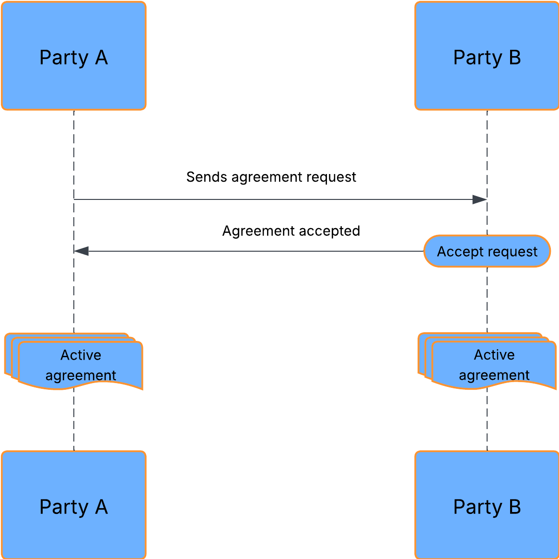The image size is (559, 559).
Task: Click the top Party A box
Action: tap(73, 56)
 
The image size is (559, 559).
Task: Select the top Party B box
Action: tap(487, 56)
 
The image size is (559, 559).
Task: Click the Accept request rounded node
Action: tap(487, 251)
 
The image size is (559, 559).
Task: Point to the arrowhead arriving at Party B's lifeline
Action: tap(479, 199)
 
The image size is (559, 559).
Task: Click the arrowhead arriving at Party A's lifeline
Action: tap(82, 251)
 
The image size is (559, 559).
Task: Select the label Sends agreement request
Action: tap(271, 177)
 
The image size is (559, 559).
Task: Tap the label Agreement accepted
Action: tap(291, 231)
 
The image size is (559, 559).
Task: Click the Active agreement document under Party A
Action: tap(81, 364)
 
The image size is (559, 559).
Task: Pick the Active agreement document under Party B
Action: tap(494, 364)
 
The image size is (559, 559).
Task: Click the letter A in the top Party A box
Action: tap(101, 58)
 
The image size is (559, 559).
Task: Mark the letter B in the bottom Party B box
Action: tap(514, 507)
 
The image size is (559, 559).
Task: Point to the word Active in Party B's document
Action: tap(494, 355)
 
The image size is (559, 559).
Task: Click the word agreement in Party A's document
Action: tap(81, 375)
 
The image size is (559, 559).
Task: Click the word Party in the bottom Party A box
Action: tap(64, 507)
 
